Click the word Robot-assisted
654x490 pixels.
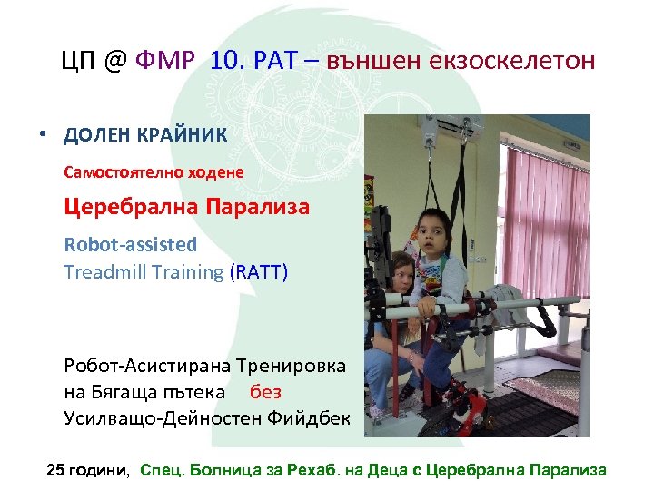tap(130, 244)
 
